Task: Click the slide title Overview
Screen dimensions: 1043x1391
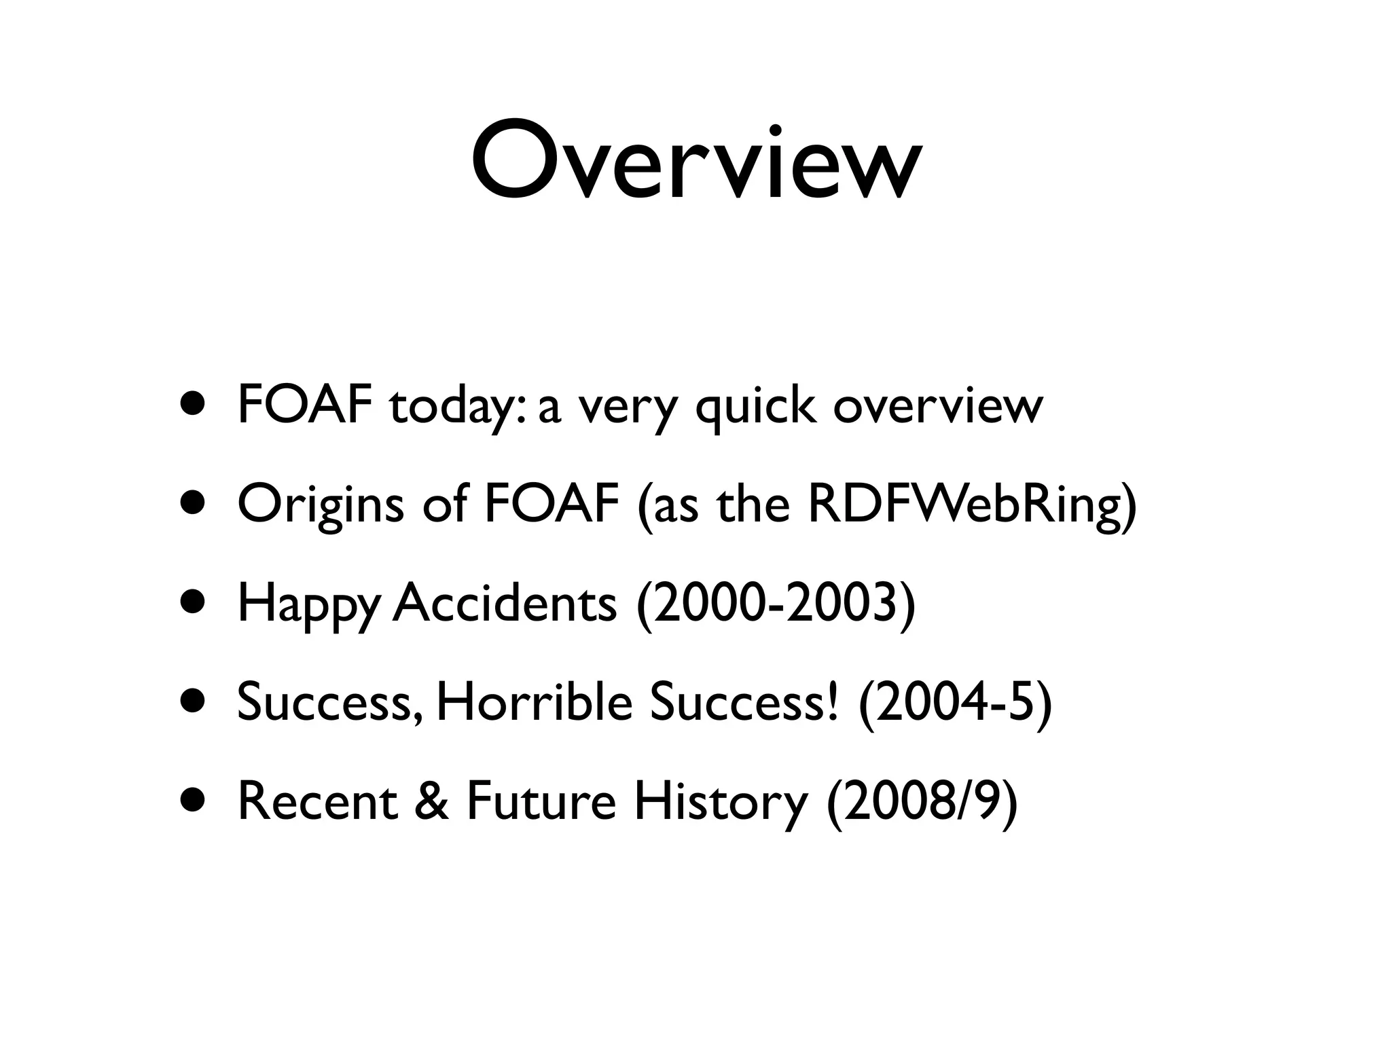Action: coord(695,163)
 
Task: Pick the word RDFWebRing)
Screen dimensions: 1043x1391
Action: coord(972,506)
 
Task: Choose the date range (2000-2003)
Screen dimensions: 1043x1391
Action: coord(776,604)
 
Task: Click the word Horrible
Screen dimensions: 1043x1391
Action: coord(534,702)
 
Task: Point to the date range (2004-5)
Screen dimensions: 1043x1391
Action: coord(955,703)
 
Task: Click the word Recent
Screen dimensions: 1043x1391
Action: coord(317,801)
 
